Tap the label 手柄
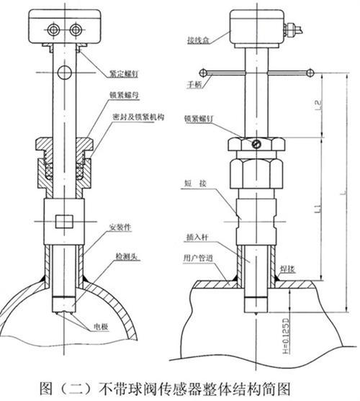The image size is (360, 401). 190,84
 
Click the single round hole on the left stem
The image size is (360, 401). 66,71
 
